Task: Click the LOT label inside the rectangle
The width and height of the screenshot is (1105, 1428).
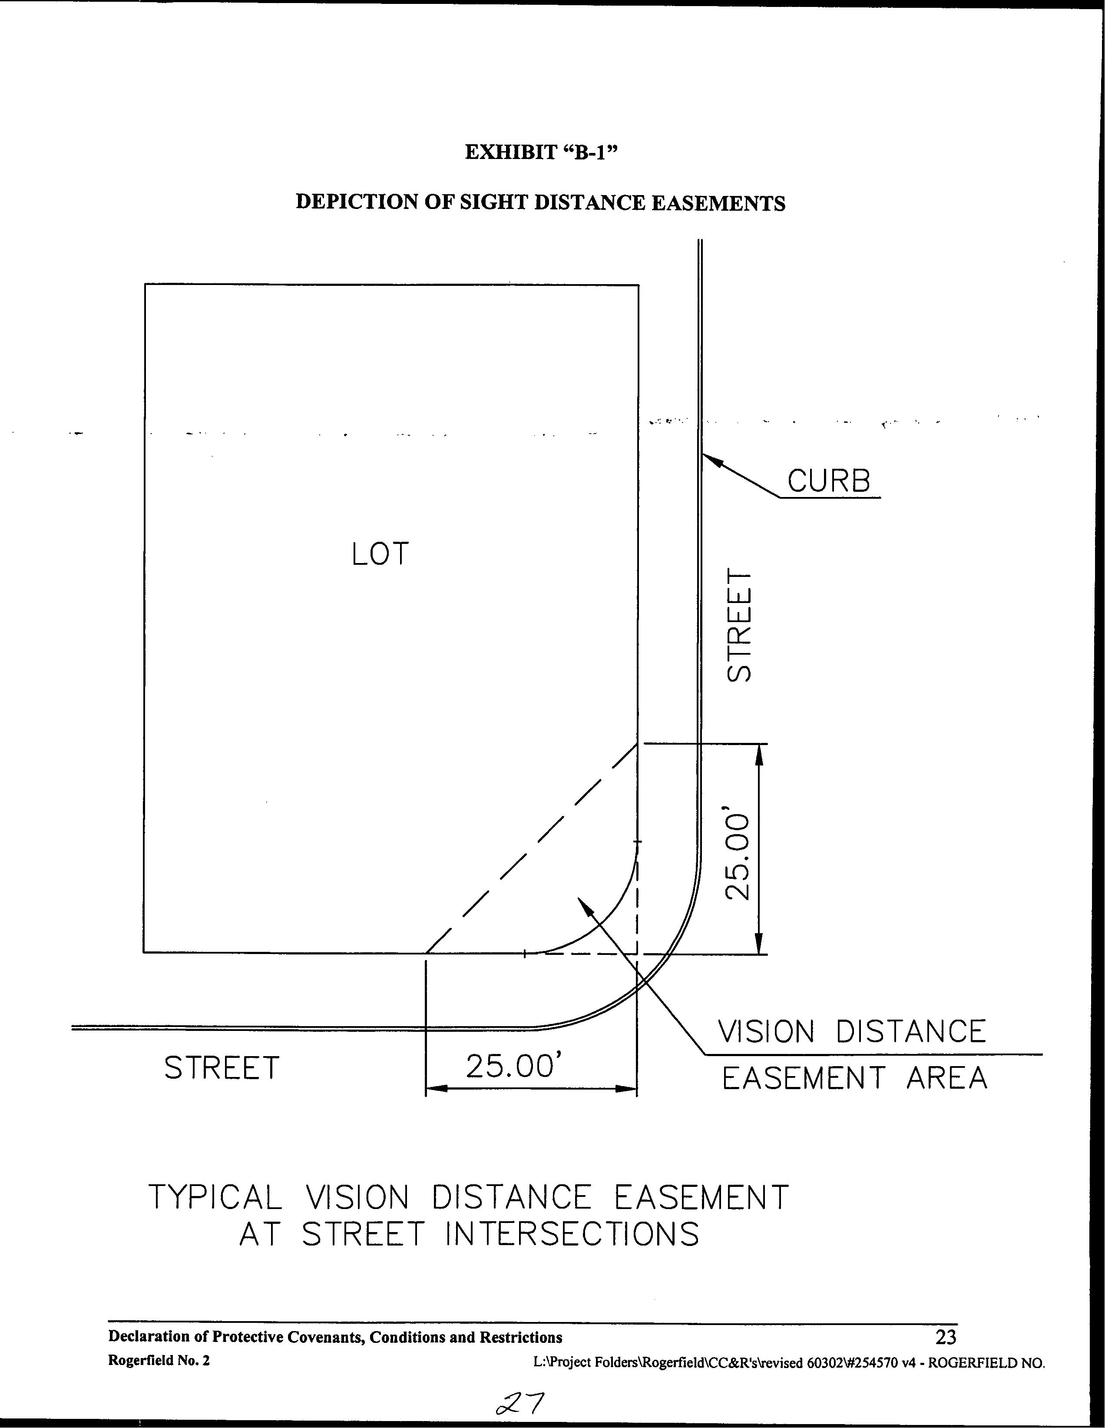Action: click(380, 554)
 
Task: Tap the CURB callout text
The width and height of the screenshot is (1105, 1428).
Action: click(828, 481)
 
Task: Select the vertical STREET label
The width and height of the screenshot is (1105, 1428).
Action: click(740, 626)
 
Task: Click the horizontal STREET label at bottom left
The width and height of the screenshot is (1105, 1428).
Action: click(221, 1068)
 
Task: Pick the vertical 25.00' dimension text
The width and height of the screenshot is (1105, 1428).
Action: click(740, 857)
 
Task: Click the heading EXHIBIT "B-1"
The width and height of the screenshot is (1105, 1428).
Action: click(541, 152)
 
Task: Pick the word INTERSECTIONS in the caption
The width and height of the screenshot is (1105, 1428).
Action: click(572, 1235)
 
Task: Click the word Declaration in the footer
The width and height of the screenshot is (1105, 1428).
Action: click(150, 1337)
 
